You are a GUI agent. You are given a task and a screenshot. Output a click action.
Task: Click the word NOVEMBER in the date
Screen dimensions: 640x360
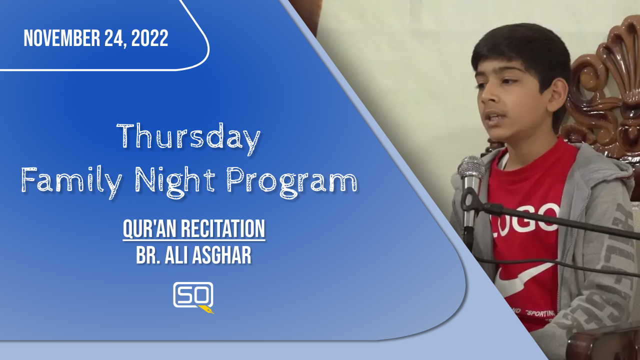(61, 38)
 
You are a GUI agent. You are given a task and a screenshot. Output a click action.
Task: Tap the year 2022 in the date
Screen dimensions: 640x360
(149, 38)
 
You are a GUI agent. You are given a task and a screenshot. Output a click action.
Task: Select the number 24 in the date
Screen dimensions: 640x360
(115, 38)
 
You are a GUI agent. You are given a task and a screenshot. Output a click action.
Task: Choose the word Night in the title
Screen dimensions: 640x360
(174, 181)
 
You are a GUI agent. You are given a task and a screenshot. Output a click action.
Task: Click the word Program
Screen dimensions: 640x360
(291, 181)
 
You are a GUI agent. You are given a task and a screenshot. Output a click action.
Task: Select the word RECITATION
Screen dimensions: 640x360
(223, 228)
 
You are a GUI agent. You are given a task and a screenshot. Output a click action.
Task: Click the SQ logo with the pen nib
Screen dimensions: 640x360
(193, 297)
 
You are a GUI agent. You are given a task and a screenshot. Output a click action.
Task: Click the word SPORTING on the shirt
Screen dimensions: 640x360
(541, 313)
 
